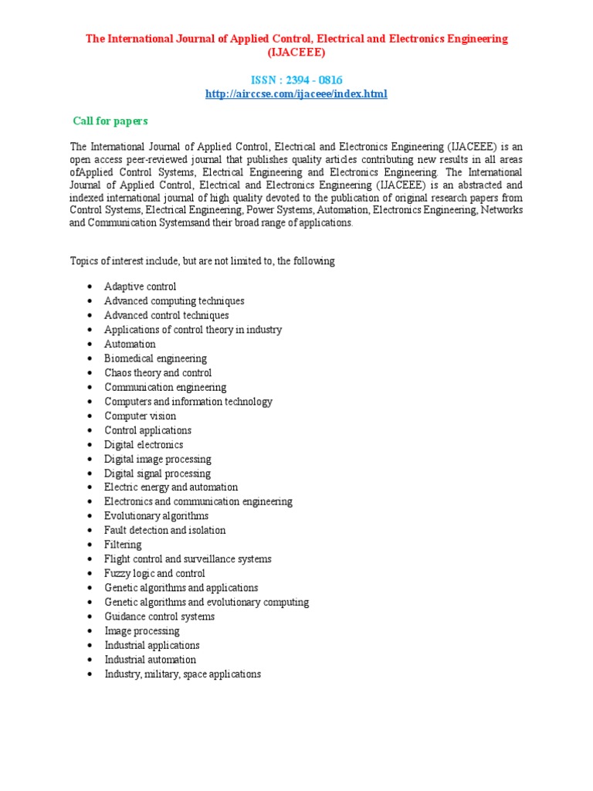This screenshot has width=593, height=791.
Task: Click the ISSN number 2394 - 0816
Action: pyautogui.click(x=296, y=80)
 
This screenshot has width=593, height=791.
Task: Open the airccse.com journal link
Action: pyautogui.click(x=296, y=94)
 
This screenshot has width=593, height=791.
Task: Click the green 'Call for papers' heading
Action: pyautogui.click(x=110, y=121)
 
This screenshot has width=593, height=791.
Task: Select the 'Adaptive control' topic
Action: pyautogui.click(x=141, y=287)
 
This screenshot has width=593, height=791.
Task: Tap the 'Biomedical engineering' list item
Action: pyautogui.click(x=155, y=358)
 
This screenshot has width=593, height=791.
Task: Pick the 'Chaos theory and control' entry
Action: pyautogui.click(x=158, y=373)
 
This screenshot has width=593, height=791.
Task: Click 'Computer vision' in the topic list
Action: pyautogui.click(x=141, y=416)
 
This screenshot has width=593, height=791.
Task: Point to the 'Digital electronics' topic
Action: pyautogui.click(x=144, y=445)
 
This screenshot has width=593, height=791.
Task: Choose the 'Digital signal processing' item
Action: pyautogui.click(x=158, y=474)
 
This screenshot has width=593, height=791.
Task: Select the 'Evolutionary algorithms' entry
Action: pyautogui.click(x=156, y=516)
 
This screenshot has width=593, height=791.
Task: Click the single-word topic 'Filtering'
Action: pyautogui.click(x=123, y=545)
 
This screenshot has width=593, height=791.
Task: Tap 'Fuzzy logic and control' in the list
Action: pyautogui.click(x=154, y=573)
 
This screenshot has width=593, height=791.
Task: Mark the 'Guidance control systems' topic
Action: pyautogui.click(x=159, y=616)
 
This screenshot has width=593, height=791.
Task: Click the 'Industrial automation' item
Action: pyautogui.click(x=151, y=660)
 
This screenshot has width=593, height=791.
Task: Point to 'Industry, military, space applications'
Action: pyautogui.click(x=182, y=674)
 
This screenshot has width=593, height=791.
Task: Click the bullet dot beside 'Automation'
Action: pyautogui.click(x=91, y=345)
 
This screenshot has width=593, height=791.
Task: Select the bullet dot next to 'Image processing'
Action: pyautogui.click(x=91, y=631)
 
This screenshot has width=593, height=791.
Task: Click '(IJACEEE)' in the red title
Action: pyautogui.click(x=296, y=53)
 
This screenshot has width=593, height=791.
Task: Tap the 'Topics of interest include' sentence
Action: pyautogui.click(x=202, y=261)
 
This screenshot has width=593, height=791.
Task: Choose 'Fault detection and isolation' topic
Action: pyautogui.click(x=165, y=531)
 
